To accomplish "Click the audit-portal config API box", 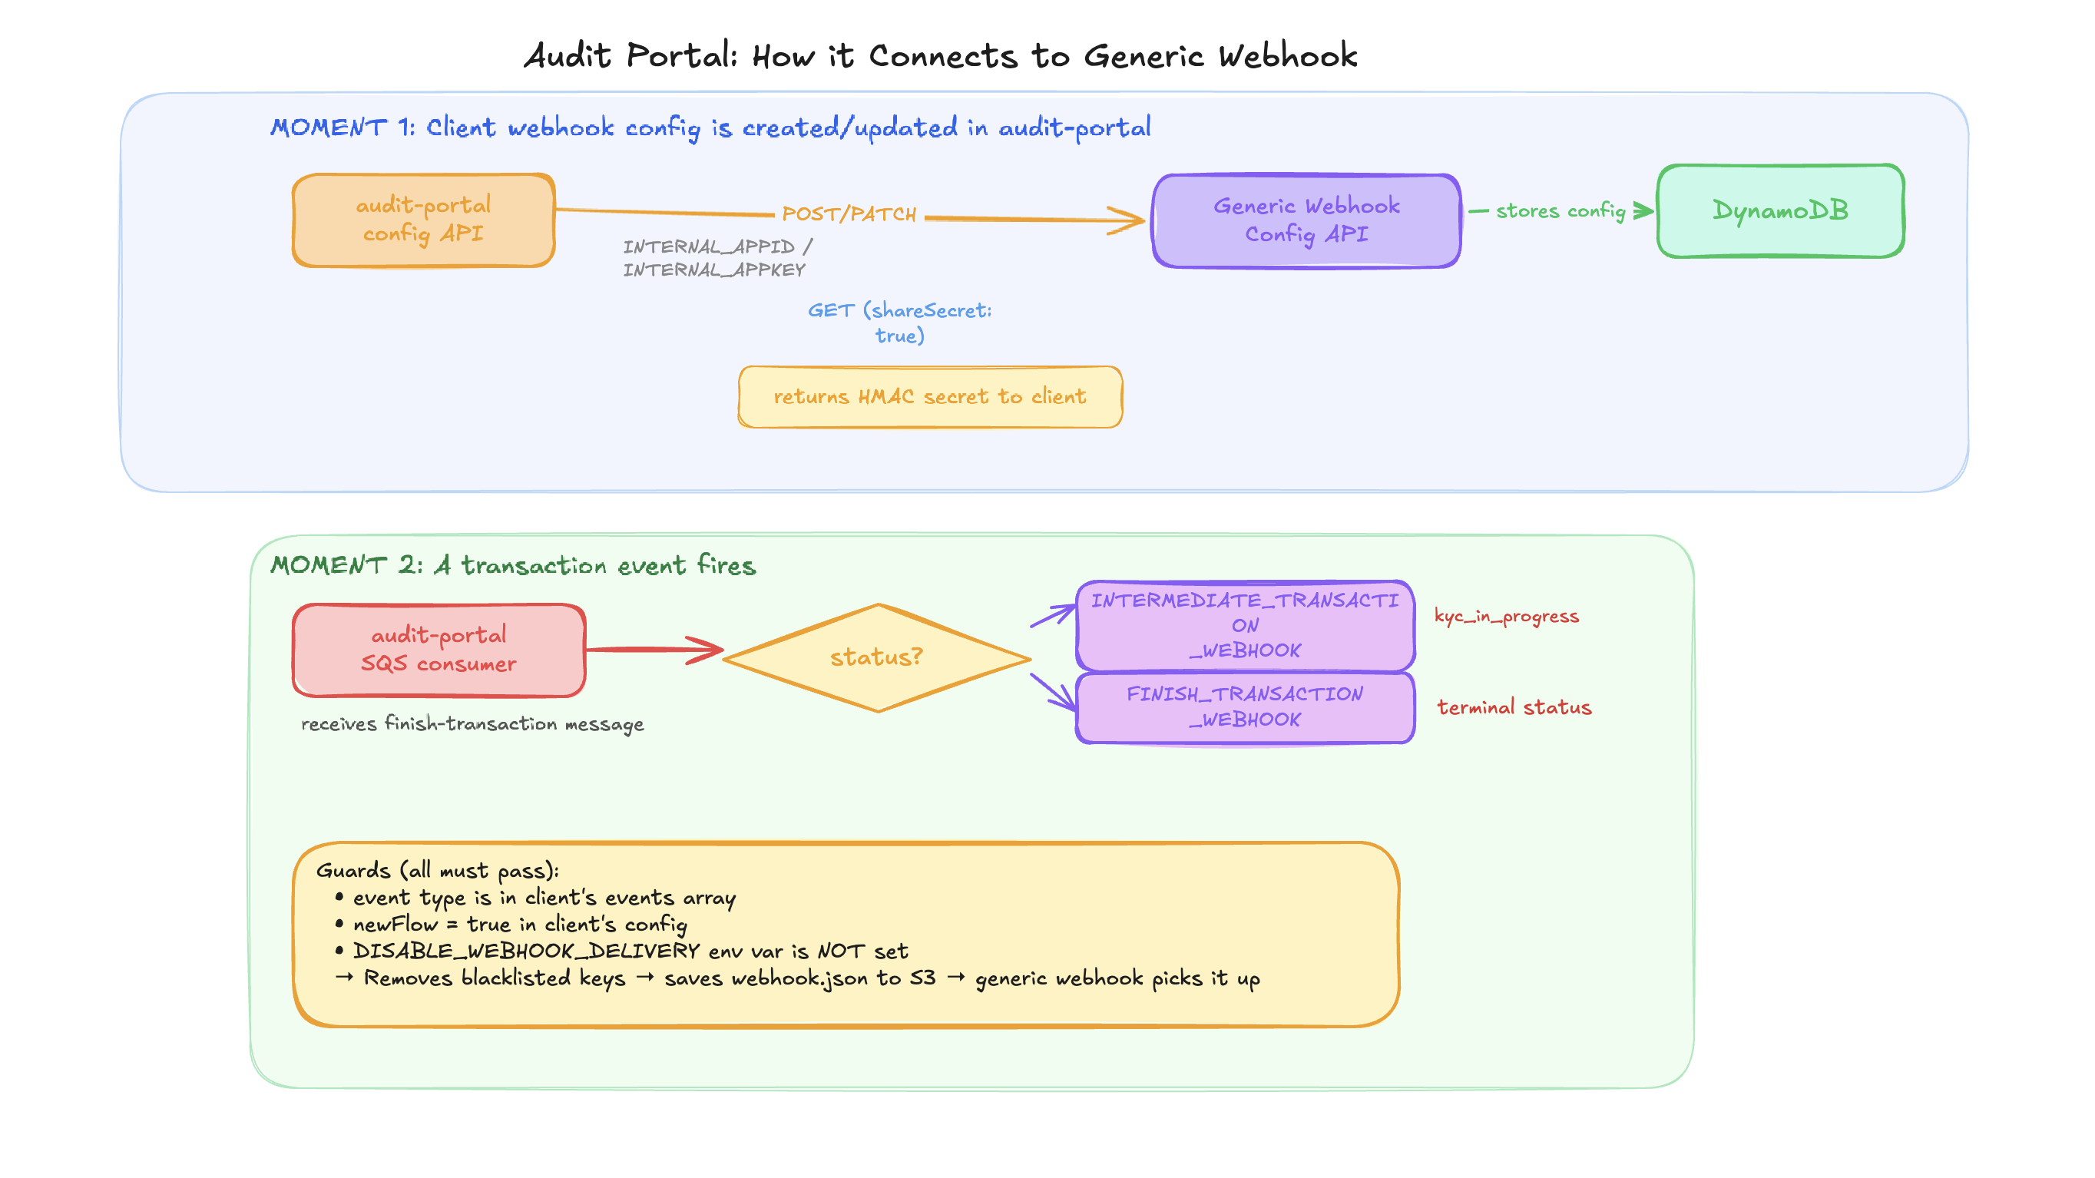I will [423, 220].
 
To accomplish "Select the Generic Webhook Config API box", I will [1306, 220].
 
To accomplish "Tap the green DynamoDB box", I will [1779, 210].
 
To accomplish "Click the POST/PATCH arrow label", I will [849, 214].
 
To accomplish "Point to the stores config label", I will [1560, 211].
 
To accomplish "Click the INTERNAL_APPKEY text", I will [714, 270].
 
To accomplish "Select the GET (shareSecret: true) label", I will [899, 323].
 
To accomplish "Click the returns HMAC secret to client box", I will [929, 397].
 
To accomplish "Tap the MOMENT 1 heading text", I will [710, 127].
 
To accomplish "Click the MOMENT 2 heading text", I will [512, 565].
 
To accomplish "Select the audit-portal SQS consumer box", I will [439, 650].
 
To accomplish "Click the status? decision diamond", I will [877, 657].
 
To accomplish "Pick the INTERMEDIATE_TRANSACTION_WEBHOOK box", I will [1244, 625].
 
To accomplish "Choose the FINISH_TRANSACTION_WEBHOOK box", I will [1244, 706].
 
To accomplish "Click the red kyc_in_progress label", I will [1506, 616].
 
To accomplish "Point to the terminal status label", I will [1514, 707].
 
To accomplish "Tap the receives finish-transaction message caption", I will [472, 723].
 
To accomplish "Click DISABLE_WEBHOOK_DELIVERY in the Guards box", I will [525, 951].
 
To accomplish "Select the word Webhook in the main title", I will [1287, 56].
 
